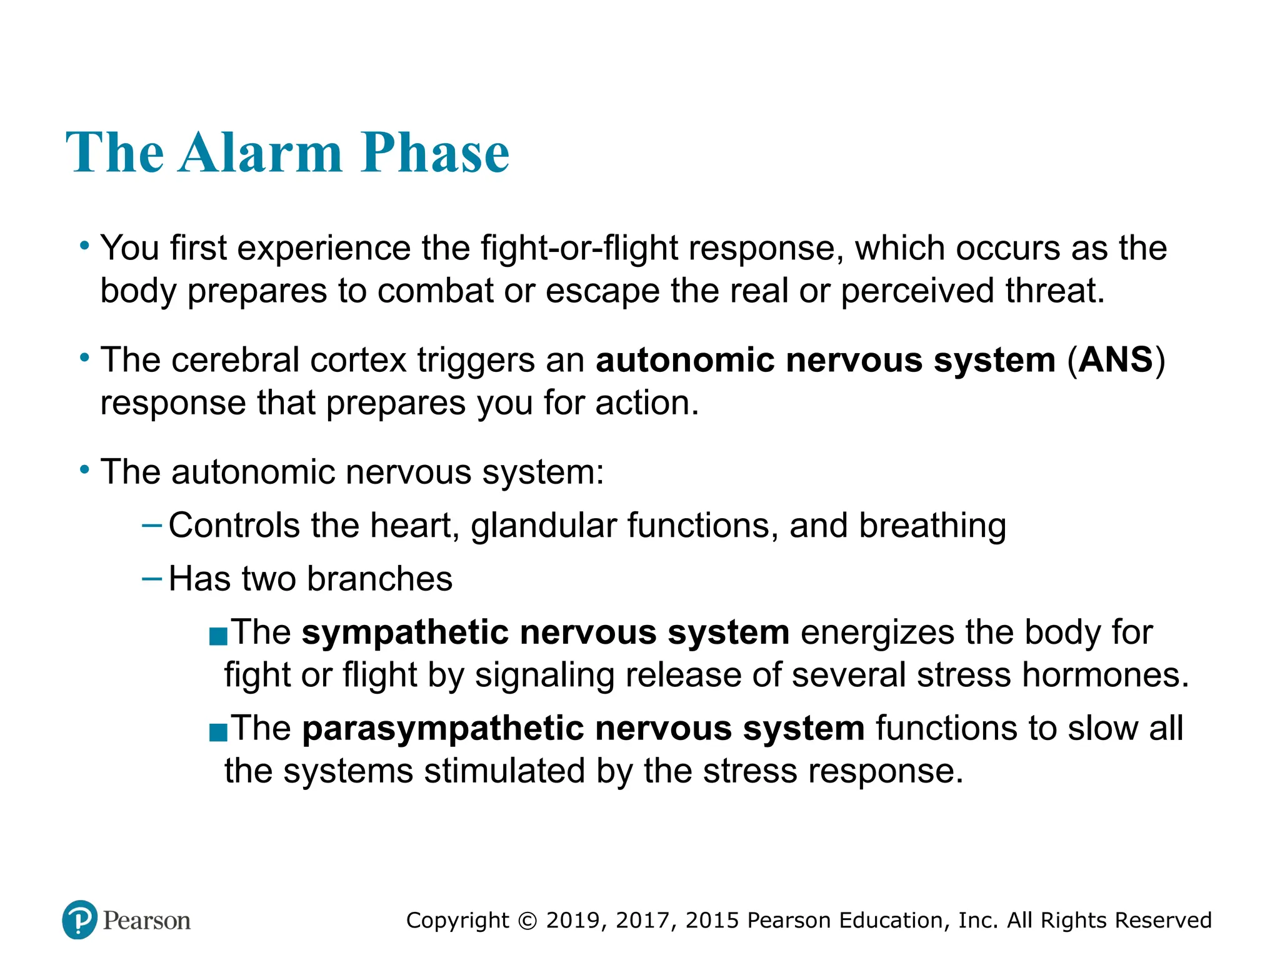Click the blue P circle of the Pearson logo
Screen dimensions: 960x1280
80,919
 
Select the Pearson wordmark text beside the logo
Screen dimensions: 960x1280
146,921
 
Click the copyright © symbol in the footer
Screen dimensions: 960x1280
528,921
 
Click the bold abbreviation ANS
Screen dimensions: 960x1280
1116,360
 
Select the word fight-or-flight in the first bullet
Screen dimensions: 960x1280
579,248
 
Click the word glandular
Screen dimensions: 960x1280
544,525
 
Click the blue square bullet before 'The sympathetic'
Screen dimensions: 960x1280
218,637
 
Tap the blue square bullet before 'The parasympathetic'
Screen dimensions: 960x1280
218,732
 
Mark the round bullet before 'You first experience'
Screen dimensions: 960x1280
84,246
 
